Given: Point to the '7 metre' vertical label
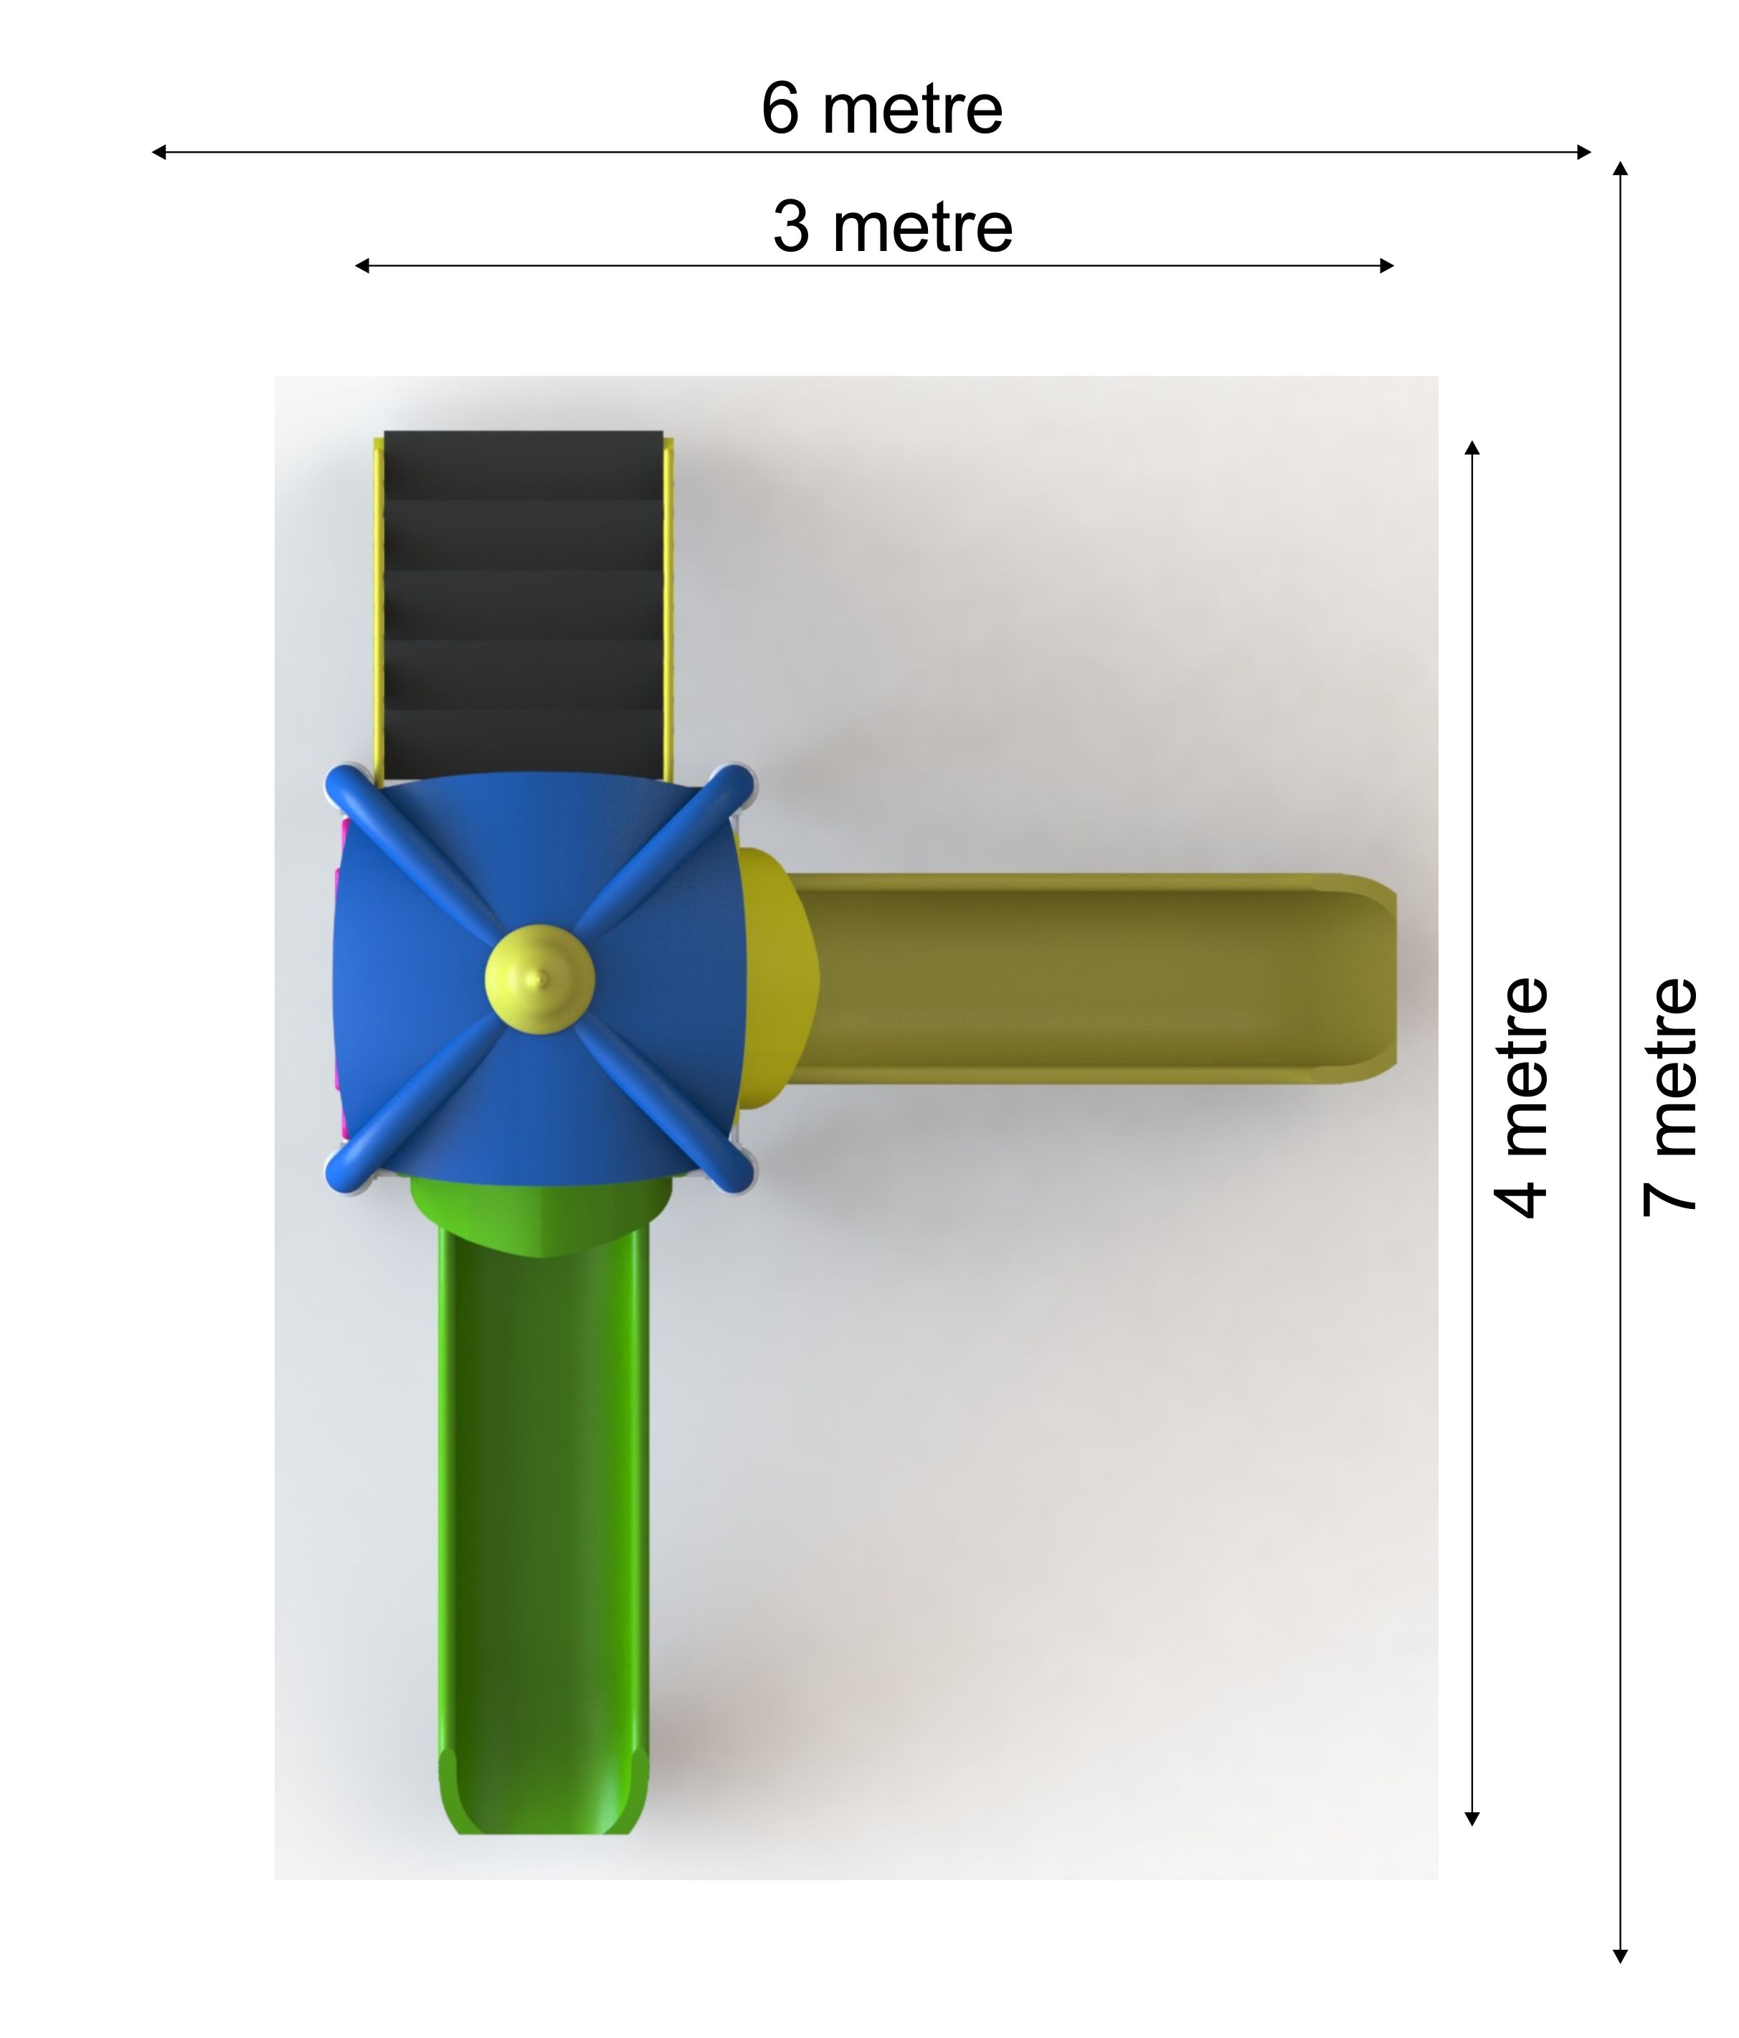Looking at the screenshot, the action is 1669,1098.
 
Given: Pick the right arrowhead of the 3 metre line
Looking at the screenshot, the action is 1386,265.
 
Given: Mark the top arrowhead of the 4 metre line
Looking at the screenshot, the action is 1472,448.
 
